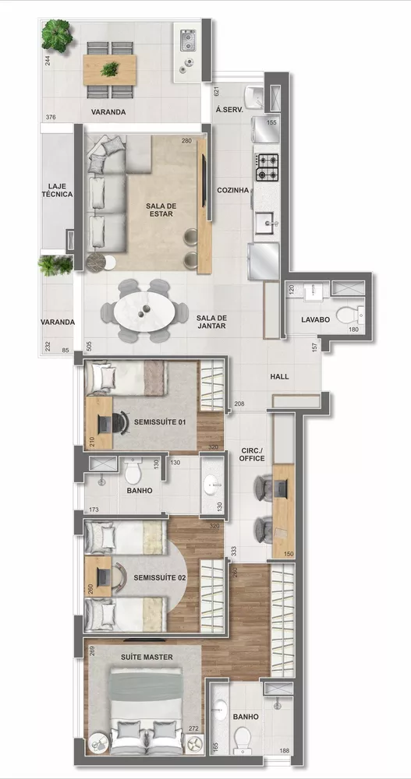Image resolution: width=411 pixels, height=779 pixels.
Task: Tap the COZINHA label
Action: pos(232,190)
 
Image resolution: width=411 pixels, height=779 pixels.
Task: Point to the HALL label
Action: pos(279,377)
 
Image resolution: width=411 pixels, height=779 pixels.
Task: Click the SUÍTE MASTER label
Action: pos(147,657)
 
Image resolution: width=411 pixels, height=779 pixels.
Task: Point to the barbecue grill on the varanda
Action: pos(189,38)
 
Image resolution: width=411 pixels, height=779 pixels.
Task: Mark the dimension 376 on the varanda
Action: pos(51,118)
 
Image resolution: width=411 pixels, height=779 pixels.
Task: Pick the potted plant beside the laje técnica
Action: pos(55,265)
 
